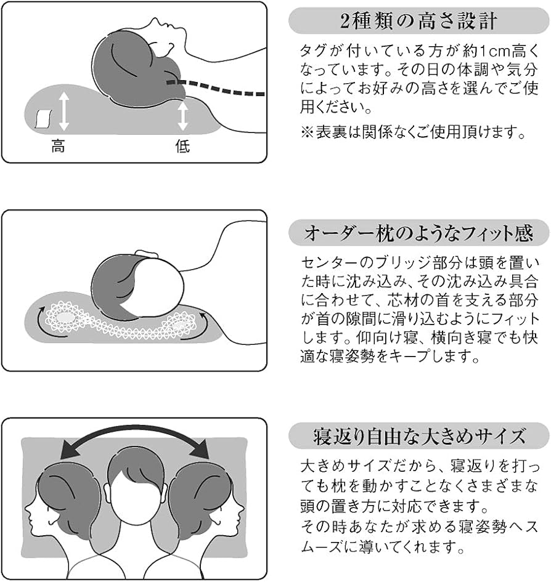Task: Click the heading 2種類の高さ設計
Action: pos(418,21)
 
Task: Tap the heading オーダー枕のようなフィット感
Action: pos(418,233)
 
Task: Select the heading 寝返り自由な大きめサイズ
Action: pos(418,436)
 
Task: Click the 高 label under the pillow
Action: pos(59,147)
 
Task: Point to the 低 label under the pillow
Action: pos(182,147)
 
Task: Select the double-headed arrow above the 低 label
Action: pos(182,115)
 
